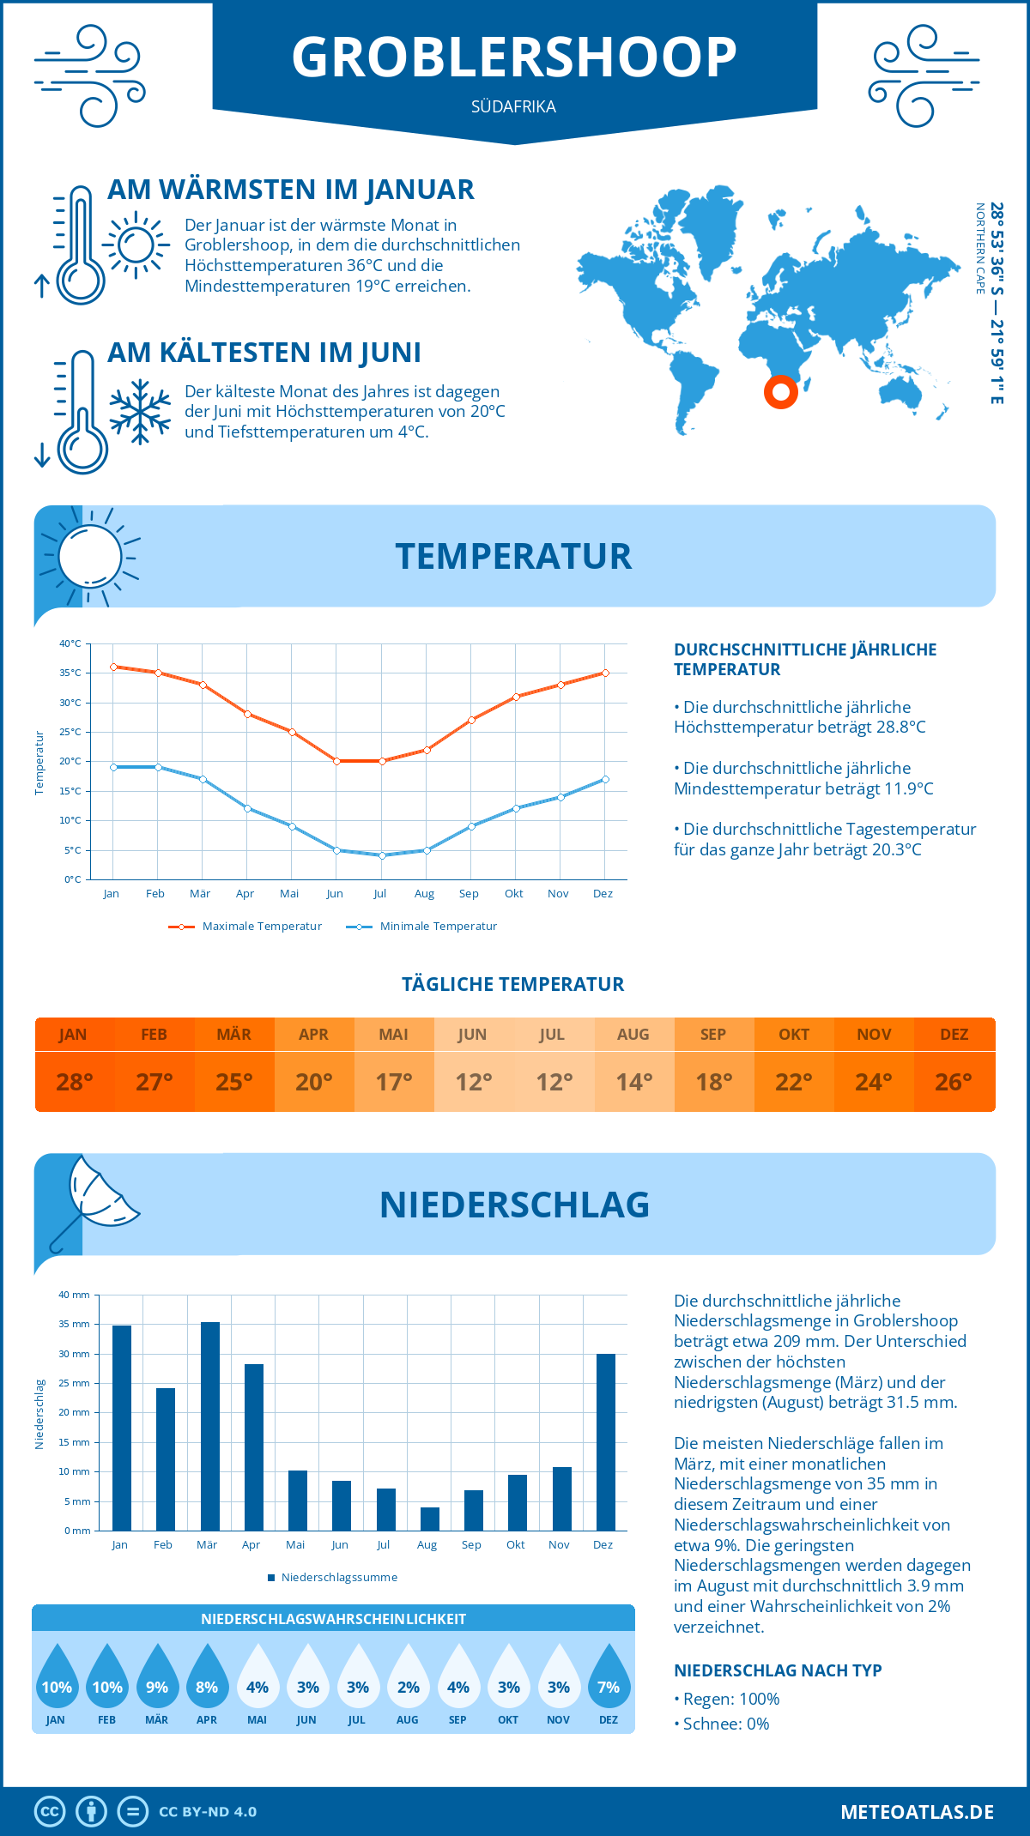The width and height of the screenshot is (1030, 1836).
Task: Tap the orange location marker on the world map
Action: pyautogui.click(x=781, y=392)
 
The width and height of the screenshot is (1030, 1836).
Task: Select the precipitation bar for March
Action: pyautogui.click(x=210, y=1426)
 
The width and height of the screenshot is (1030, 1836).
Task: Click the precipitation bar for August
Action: pyautogui.click(x=429, y=1519)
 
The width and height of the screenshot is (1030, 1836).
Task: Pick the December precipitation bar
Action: pyautogui.click(x=606, y=1442)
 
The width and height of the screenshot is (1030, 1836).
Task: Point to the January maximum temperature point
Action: pyautogui.click(x=113, y=667)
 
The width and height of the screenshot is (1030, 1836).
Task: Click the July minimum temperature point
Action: pyautogui.click(x=382, y=855)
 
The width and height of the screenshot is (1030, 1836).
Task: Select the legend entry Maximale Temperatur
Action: pyautogui.click(x=245, y=927)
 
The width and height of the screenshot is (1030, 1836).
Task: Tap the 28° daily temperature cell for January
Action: pyautogui.click(x=74, y=1082)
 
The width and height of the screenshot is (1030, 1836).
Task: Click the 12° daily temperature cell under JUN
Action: pyautogui.click(x=474, y=1082)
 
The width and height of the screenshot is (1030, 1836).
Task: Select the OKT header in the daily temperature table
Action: pyautogui.click(x=794, y=1035)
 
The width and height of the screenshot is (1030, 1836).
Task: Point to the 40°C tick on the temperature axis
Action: pyautogui.click(x=70, y=643)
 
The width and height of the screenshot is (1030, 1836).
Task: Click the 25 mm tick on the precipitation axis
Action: pyautogui.click(x=75, y=1383)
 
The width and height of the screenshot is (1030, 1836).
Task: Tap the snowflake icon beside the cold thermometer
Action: pyautogui.click(x=140, y=411)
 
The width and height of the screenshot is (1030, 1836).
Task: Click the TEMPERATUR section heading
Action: pyautogui.click(x=513, y=556)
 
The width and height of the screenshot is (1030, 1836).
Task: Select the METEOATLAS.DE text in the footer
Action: pyautogui.click(x=917, y=1812)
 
